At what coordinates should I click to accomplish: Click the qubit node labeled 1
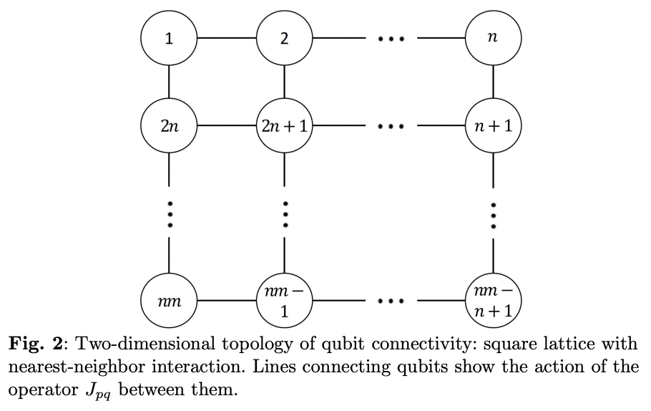(x=169, y=38)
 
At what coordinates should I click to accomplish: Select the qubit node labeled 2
(x=285, y=38)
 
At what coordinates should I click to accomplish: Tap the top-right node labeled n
(x=493, y=38)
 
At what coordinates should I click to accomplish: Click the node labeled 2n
(x=169, y=127)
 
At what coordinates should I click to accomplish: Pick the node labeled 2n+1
(x=285, y=127)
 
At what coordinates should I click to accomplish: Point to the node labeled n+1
(x=493, y=127)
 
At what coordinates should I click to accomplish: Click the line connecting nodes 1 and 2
(x=227, y=38)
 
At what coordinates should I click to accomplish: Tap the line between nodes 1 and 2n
(x=169, y=82)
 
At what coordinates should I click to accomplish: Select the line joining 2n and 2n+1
(x=227, y=127)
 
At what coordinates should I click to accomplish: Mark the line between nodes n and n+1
(x=493, y=82)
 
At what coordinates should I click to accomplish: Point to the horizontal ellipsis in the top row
(x=392, y=39)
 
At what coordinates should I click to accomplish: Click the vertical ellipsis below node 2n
(x=169, y=213)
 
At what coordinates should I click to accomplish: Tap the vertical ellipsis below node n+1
(x=493, y=213)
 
